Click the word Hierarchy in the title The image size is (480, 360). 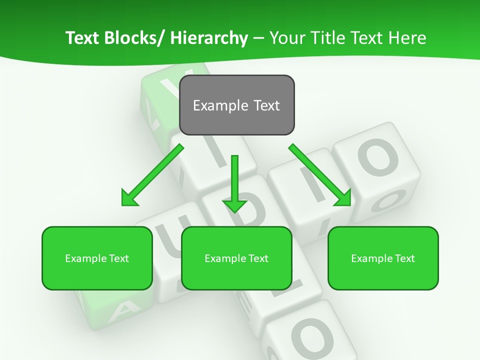(x=209, y=38)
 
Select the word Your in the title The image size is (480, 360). (x=287, y=38)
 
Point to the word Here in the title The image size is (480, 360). (x=408, y=38)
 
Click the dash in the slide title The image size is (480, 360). (x=258, y=38)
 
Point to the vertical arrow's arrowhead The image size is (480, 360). (x=234, y=205)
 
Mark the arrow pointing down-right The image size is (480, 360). (x=320, y=174)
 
